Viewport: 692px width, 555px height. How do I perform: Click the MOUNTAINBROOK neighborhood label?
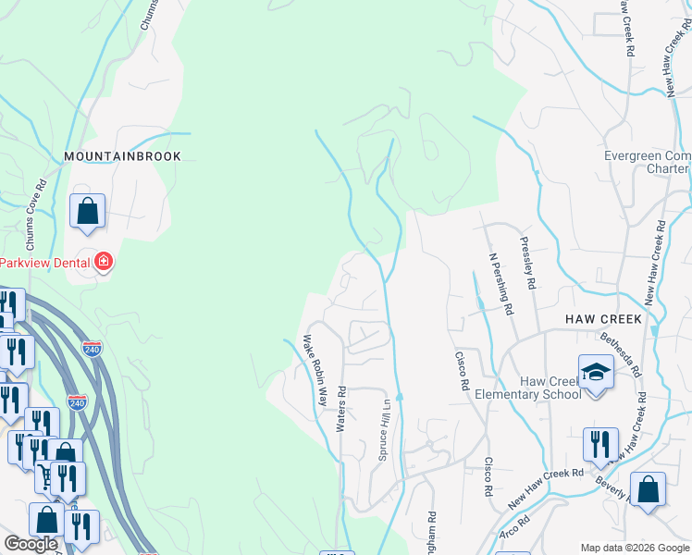pos(122,156)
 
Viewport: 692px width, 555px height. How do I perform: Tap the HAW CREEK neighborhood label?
pos(603,318)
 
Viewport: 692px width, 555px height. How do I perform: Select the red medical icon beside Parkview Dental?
pos(103,263)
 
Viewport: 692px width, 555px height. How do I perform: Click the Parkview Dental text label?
pos(43,263)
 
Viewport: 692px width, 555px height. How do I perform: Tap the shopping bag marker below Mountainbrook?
pos(87,211)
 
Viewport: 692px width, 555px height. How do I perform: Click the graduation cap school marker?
pos(596,373)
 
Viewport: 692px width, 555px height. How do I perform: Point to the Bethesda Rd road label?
pos(620,355)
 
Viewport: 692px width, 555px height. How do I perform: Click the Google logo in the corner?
pos(31,544)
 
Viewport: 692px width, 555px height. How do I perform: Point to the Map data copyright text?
pos(634,548)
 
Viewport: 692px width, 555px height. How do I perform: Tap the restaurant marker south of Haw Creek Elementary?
pos(600,445)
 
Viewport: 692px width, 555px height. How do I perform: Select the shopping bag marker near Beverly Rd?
pos(648,490)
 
